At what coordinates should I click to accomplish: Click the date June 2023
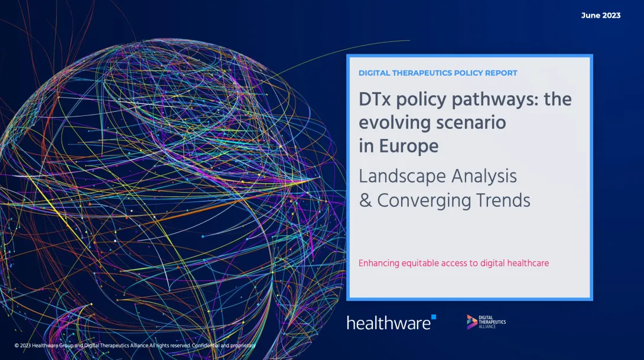(x=600, y=15)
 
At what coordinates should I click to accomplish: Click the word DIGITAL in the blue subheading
(x=376, y=73)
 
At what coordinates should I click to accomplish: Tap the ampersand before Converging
(x=365, y=200)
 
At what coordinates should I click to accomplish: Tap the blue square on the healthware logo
(x=434, y=317)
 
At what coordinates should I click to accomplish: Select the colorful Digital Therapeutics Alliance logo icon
(x=471, y=322)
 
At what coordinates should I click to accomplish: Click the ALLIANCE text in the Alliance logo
(x=487, y=326)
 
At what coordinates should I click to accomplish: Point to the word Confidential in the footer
(x=207, y=345)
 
